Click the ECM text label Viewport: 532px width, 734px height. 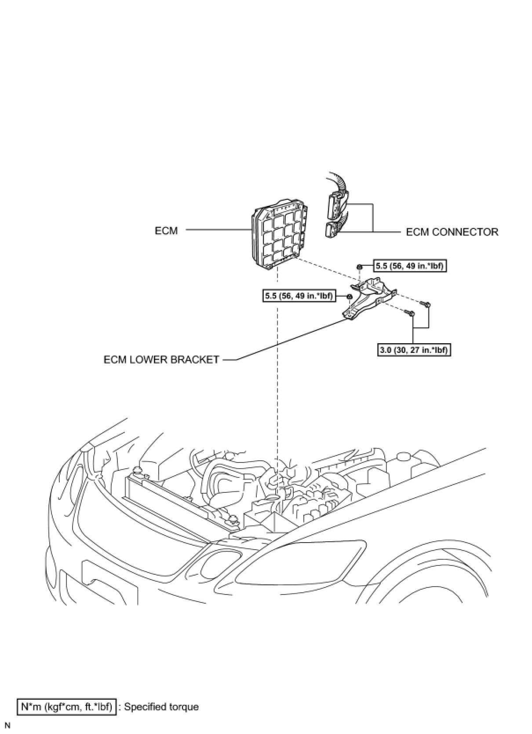[x=166, y=231]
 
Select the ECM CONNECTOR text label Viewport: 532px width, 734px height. [x=452, y=232]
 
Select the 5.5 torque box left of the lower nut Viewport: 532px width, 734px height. [x=298, y=296]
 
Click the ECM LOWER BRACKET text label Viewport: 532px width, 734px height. [x=161, y=360]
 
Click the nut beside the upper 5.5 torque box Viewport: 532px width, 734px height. [x=359, y=267]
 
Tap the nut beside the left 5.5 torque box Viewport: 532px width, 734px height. [x=349, y=297]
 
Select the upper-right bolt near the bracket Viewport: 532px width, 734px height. [x=425, y=303]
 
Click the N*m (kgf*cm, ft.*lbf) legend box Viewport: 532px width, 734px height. [x=67, y=707]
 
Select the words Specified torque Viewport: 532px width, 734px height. [x=161, y=707]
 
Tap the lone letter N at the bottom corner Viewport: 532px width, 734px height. [x=7, y=725]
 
